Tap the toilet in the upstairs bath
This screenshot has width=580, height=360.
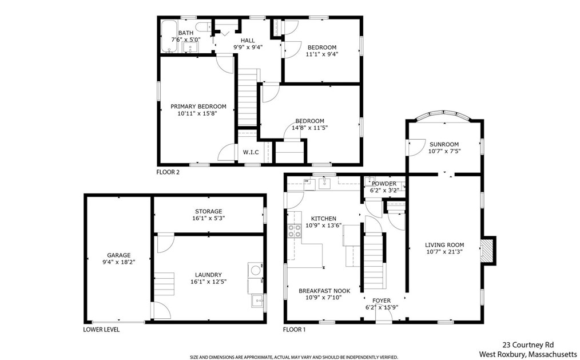point(204,27)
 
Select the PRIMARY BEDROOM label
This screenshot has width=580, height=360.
point(198,106)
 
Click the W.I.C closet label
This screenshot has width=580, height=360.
point(251,152)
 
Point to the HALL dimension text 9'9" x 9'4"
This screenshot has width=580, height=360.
point(248,47)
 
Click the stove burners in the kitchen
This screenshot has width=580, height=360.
point(295,231)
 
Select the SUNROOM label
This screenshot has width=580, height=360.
point(444,144)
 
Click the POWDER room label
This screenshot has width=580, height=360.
point(384,184)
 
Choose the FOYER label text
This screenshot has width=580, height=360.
point(382,300)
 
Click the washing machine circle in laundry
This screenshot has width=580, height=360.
point(255,270)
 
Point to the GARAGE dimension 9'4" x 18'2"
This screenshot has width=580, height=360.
point(119,262)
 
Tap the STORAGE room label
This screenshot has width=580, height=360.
point(209,212)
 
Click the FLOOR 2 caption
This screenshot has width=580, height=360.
point(168,172)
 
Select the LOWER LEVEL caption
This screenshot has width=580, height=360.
point(101,330)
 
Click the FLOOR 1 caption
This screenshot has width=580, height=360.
point(295,330)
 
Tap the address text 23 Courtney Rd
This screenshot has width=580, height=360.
point(528,345)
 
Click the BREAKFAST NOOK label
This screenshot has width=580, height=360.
point(324,291)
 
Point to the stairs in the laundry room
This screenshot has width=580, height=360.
point(164,283)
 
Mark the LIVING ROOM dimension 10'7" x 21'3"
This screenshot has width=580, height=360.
point(444,252)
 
